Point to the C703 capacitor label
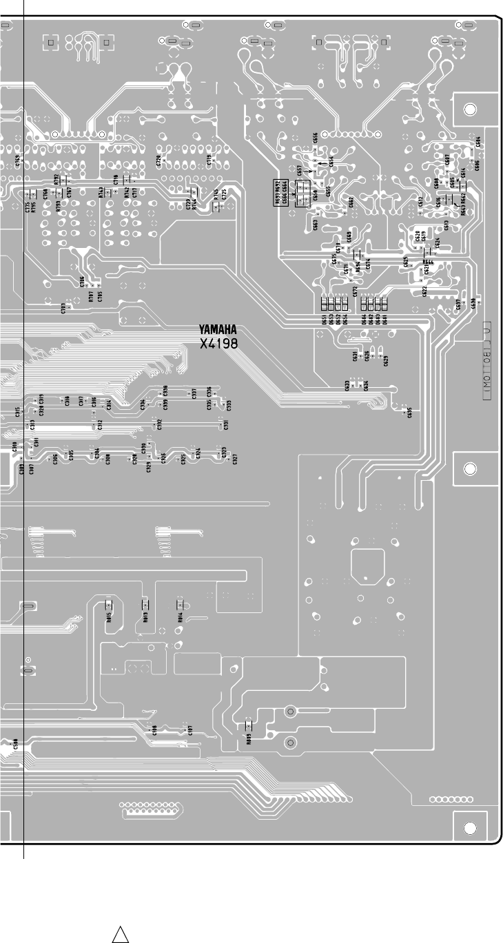(63, 308)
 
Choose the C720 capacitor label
(159, 161)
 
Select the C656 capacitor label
(315, 140)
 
